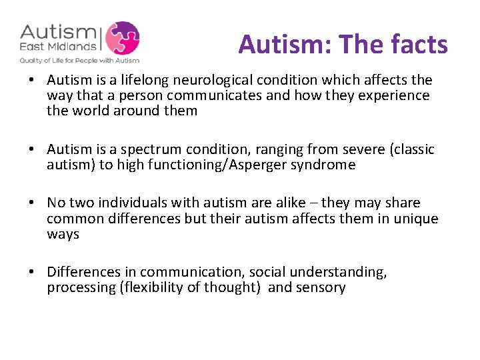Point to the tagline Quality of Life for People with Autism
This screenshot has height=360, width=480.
pyautogui.click(x=79, y=60)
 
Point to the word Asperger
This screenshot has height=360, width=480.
pyautogui.click(x=259, y=165)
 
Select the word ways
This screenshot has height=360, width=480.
pyautogui.click(x=63, y=234)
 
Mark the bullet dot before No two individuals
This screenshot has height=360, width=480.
pyautogui.click(x=32, y=203)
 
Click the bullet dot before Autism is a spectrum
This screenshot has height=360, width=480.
pyautogui.click(x=32, y=149)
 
